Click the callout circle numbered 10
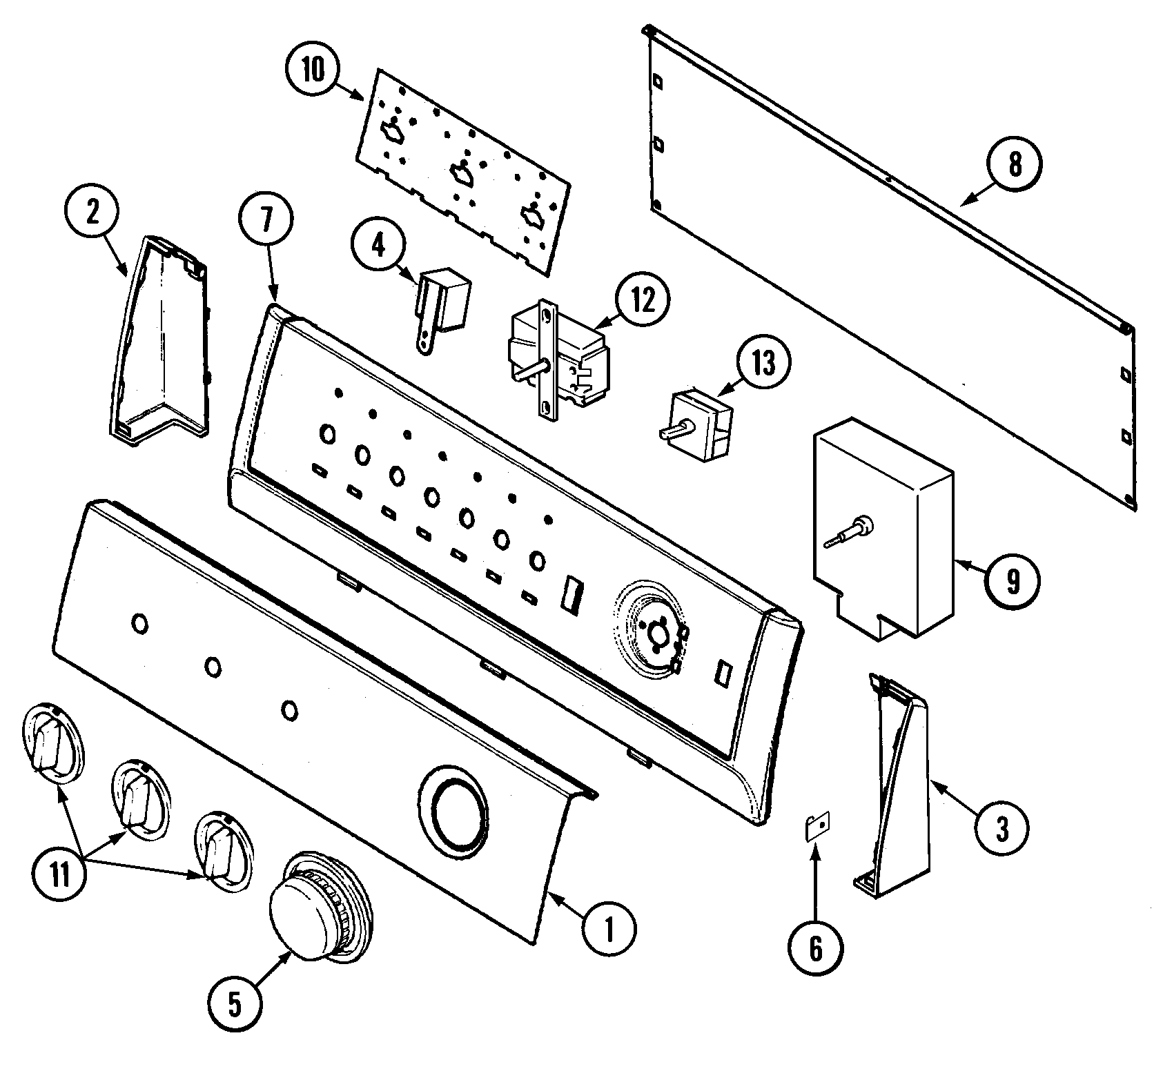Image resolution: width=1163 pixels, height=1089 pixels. tap(313, 72)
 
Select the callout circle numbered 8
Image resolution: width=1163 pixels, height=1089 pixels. tap(1014, 166)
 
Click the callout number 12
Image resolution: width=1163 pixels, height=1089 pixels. tap(643, 303)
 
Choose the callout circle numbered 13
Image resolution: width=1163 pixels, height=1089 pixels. tap(763, 364)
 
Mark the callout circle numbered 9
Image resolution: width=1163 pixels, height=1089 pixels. tap(1013, 583)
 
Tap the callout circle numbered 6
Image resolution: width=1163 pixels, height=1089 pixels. tap(816, 949)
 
